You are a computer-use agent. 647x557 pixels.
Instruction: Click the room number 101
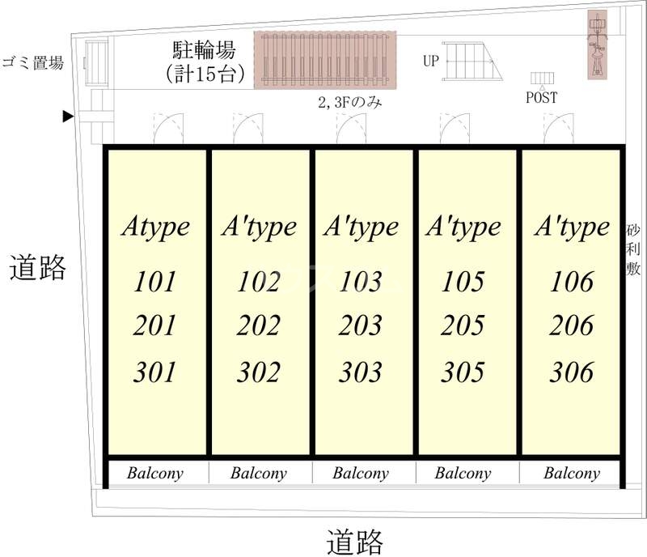click(154, 282)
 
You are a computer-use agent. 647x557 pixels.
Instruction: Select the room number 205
click(463, 325)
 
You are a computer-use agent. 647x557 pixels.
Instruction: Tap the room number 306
click(572, 372)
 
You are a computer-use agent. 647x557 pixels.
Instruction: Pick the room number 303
click(360, 372)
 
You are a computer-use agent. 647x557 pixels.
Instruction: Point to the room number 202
click(258, 325)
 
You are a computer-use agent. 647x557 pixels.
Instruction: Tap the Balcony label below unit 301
click(155, 473)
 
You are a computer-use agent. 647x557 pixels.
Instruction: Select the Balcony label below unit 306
click(572, 473)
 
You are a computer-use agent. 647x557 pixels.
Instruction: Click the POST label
click(541, 97)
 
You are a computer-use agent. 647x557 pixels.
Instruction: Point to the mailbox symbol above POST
click(542, 78)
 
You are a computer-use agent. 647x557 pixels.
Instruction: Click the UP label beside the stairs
click(431, 62)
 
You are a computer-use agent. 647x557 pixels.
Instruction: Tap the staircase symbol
click(472, 62)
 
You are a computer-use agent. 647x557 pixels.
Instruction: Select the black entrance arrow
click(68, 117)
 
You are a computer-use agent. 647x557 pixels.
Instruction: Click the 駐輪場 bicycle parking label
click(204, 50)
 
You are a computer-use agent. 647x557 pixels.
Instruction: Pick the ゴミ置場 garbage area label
click(33, 63)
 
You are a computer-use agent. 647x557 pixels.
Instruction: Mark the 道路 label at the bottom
click(355, 542)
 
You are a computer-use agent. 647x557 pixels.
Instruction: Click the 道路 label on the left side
click(37, 268)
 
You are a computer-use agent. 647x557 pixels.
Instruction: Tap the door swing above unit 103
click(351, 129)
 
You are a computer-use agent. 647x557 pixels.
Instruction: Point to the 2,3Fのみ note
click(350, 103)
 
